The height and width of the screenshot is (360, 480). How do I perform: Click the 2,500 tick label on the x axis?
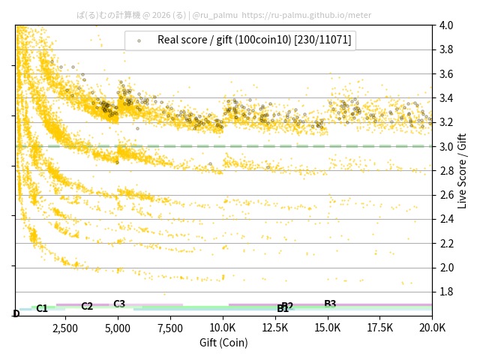(x=65, y=328)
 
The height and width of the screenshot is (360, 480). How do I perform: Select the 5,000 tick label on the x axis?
(x=118, y=328)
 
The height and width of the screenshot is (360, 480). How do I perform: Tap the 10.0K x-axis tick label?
(x=223, y=328)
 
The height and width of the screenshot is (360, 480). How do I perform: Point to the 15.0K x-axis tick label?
(x=328, y=328)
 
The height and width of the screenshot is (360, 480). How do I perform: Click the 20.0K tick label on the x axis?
(x=432, y=328)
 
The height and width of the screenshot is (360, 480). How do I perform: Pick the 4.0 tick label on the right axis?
(x=446, y=25)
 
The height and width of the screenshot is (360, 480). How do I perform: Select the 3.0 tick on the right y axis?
(x=446, y=146)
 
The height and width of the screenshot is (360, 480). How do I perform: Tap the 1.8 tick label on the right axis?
(x=446, y=292)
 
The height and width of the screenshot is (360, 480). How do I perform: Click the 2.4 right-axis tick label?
(x=446, y=219)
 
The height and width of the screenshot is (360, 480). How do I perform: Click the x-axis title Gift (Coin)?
(x=223, y=343)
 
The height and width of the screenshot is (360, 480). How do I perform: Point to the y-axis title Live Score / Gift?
(x=463, y=171)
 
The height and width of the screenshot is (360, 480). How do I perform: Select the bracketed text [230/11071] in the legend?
(x=322, y=40)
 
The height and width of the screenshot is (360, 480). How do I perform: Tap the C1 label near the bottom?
(x=42, y=308)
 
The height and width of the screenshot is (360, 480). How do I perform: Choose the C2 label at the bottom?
(x=87, y=306)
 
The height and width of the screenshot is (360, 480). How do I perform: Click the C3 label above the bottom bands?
(x=119, y=304)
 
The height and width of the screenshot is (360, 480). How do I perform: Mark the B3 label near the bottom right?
(x=330, y=304)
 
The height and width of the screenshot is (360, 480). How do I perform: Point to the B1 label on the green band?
(x=283, y=309)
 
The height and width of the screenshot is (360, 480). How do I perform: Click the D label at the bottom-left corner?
(x=16, y=313)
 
